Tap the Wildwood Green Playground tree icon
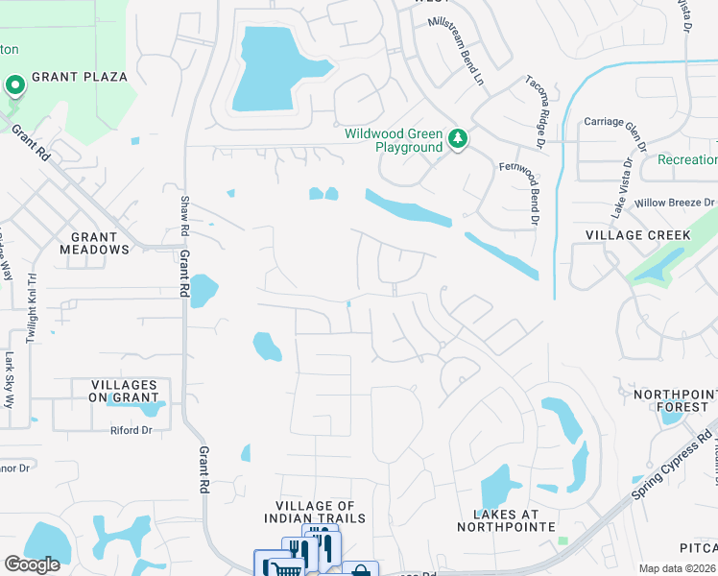(x=459, y=140)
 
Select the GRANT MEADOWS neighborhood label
(x=94, y=243)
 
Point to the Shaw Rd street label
(x=185, y=217)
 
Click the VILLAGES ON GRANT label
(x=114, y=391)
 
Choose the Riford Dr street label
(x=132, y=430)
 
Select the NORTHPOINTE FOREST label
(x=672, y=400)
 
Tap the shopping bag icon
(x=360, y=570)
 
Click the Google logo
(x=33, y=564)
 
